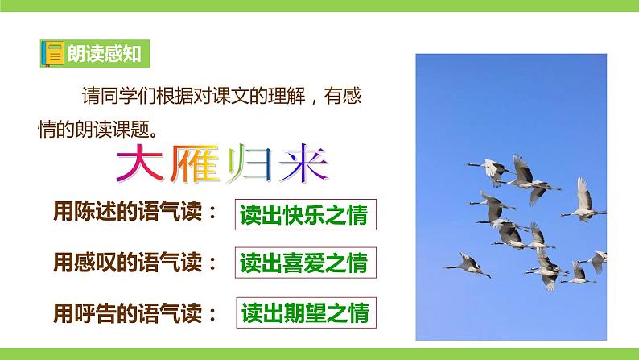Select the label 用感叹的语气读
pyautogui.click(x=134, y=262)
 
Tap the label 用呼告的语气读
pyautogui.click(x=134, y=310)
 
